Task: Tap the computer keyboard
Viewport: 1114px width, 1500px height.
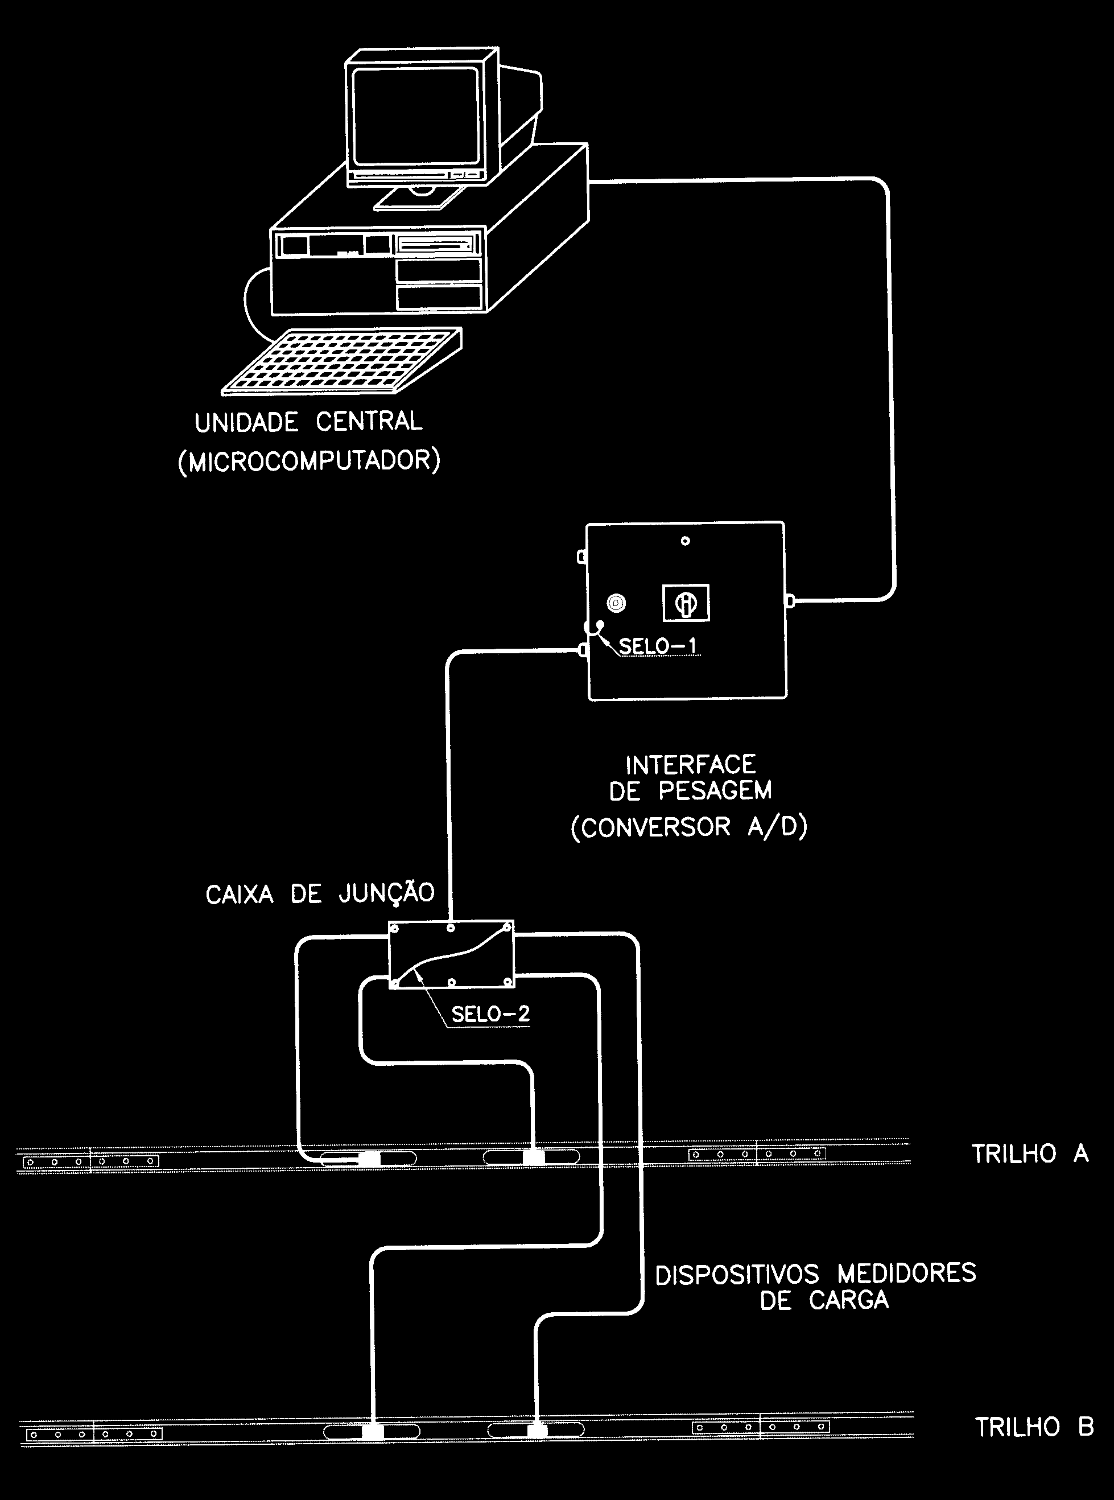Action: [343, 361]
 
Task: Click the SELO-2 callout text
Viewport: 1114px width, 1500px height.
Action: [490, 1013]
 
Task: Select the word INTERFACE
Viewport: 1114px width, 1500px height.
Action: [691, 765]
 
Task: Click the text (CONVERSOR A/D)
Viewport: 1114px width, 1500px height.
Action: [688, 827]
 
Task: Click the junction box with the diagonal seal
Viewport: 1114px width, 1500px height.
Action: [452, 955]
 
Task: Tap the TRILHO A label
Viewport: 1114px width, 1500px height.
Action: [1030, 1154]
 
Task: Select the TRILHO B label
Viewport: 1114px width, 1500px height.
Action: [1034, 1427]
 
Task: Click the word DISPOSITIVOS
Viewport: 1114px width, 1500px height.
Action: [737, 1274]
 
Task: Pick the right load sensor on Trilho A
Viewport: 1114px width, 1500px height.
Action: [531, 1157]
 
